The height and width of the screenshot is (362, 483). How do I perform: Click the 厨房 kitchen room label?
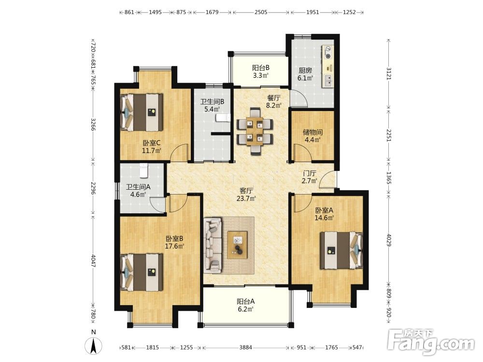pyautogui.click(x=305, y=70)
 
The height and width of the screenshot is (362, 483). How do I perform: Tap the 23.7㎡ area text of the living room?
pyautogui.click(x=246, y=198)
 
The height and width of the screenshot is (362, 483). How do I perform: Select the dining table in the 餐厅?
pyautogui.click(x=255, y=131)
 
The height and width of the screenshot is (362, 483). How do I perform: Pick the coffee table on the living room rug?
pyautogui.click(x=237, y=245)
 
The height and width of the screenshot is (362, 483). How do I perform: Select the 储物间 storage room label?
pyautogui.click(x=313, y=132)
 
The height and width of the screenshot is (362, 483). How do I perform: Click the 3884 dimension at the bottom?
pyautogui.click(x=245, y=348)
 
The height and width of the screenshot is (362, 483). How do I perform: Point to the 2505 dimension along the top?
pyautogui.click(x=261, y=13)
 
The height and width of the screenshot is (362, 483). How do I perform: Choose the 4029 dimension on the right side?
pyautogui.click(x=389, y=240)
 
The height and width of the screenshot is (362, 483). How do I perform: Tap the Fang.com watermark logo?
pyautogui.click(x=431, y=342)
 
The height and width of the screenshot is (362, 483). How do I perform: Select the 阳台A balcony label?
pyautogui.click(x=245, y=301)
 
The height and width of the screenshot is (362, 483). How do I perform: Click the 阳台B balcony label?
pyautogui.click(x=261, y=68)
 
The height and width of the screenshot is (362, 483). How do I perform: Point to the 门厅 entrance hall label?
pyautogui.click(x=309, y=173)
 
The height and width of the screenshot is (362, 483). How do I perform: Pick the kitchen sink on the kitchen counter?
pyautogui.click(x=328, y=80)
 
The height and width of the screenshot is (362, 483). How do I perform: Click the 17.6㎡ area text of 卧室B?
pyautogui.click(x=175, y=246)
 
